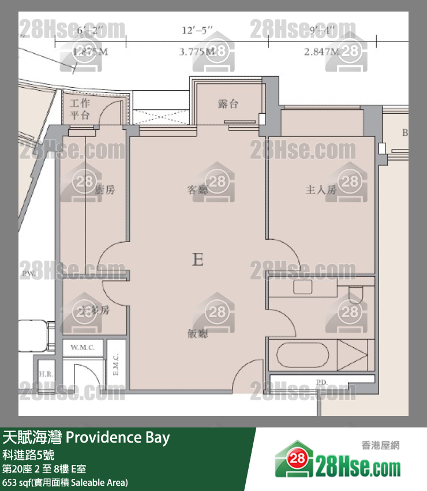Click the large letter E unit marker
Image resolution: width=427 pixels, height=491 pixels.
[x=197, y=260]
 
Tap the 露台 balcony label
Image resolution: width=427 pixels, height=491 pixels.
[x=228, y=104]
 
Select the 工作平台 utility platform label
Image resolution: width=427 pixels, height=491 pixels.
[x=80, y=109]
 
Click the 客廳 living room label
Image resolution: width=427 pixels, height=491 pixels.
[x=197, y=189]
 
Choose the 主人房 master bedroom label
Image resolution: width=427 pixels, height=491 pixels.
[x=321, y=189]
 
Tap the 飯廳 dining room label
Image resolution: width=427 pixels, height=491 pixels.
[x=197, y=334]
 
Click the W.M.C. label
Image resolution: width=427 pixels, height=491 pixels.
[x=83, y=348]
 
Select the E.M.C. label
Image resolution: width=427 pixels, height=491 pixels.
[x=116, y=364]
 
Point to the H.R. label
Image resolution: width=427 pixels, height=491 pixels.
[x=46, y=374]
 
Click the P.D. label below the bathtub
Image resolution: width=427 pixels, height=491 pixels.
[x=321, y=381]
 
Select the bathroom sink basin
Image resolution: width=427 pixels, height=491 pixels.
[x=302, y=287]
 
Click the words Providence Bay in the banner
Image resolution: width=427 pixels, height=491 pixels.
[x=118, y=437]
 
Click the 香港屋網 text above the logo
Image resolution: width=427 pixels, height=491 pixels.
[x=380, y=445]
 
